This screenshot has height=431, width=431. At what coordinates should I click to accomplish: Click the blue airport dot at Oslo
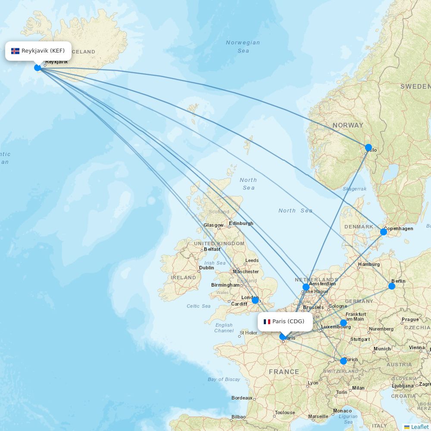coord(368,147)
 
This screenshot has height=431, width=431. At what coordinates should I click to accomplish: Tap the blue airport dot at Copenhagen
coord(384,232)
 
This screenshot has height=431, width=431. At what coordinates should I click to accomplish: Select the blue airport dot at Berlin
coord(392,286)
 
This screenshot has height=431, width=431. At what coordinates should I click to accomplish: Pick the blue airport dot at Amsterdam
coord(306,287)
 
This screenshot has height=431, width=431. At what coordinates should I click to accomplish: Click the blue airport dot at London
coord(255,300)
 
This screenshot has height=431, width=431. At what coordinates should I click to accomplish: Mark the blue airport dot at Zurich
coord(343,361)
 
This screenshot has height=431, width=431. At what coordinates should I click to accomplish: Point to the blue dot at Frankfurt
coord(343,323)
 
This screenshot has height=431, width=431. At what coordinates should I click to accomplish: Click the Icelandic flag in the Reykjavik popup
coord(16,51)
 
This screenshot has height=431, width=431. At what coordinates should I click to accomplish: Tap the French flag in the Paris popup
coord(267,322)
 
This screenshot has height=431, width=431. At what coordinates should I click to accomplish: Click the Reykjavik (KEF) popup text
coord(43,51)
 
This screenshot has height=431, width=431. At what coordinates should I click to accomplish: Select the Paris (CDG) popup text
coord(288,322)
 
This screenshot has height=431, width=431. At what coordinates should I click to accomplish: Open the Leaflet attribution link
coord(419,427)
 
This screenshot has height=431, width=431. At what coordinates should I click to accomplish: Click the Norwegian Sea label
coord(243,47)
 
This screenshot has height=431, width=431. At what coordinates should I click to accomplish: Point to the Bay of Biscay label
coord(224,379)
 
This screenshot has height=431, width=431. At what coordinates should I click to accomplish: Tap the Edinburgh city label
coord(241,223)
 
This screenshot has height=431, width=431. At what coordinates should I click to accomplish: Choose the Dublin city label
coord(206,268)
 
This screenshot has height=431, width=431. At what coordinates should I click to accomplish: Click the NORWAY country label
coord(348,125)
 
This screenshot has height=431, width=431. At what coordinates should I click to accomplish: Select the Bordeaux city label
coord(242,398)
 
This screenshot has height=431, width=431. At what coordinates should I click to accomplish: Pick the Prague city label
coord(410,319)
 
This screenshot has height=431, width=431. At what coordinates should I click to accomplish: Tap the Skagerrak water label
coord(354,189)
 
